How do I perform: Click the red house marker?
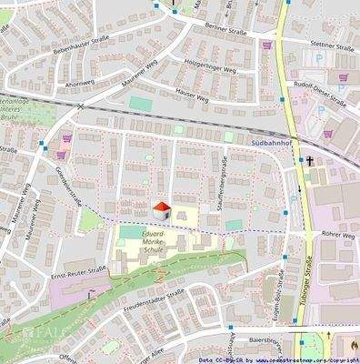pos(161,211)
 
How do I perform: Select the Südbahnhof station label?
pos(269,144)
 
